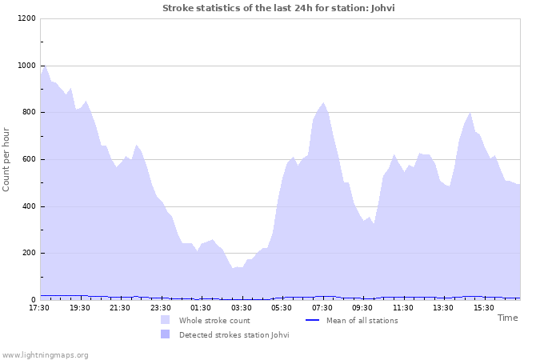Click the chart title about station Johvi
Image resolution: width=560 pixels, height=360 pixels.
point(278,8)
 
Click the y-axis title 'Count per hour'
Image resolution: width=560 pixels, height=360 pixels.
point(7,159)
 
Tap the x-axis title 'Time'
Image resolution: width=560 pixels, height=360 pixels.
point(507,318)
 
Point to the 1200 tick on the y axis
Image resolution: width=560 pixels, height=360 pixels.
point(26,18)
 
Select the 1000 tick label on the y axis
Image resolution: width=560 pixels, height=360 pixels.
point(26,66)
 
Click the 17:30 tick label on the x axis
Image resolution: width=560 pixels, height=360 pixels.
point(39,308)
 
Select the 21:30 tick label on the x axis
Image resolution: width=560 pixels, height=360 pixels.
point(120,308)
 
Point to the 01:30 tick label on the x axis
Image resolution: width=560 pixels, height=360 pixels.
point(201,308)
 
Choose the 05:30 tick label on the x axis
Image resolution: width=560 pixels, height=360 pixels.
point(282,308)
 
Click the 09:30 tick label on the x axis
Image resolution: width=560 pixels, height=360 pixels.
point(362,308)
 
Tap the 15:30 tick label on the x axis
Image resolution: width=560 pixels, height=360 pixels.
point(484,308)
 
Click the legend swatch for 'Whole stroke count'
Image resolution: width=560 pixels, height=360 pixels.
point(166,320)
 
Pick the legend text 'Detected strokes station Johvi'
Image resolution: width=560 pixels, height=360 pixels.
point(234,334)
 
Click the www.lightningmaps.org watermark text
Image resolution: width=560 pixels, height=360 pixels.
point(45,354)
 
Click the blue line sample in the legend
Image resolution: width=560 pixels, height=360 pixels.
point(312,321)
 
